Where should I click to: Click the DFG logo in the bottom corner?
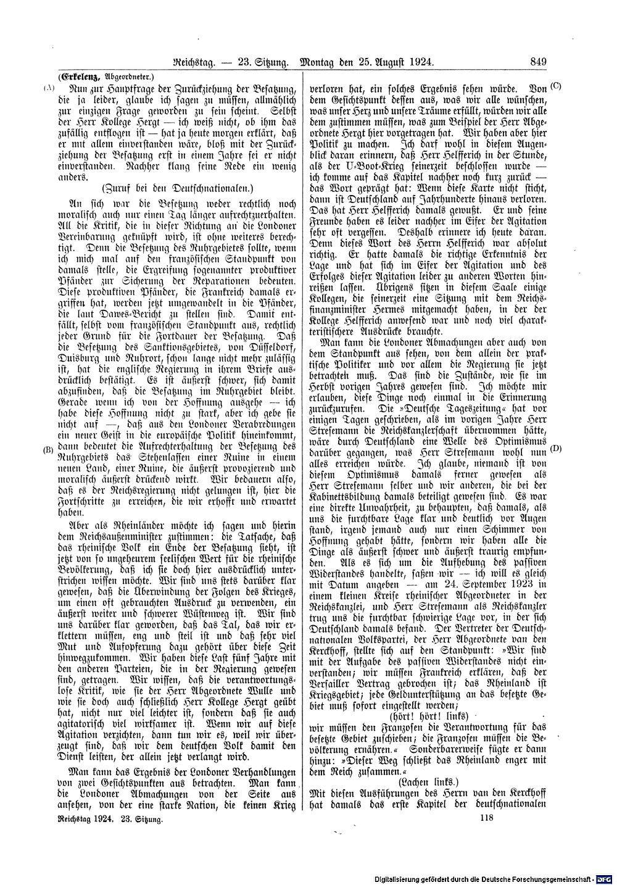[x=605, y=876]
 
